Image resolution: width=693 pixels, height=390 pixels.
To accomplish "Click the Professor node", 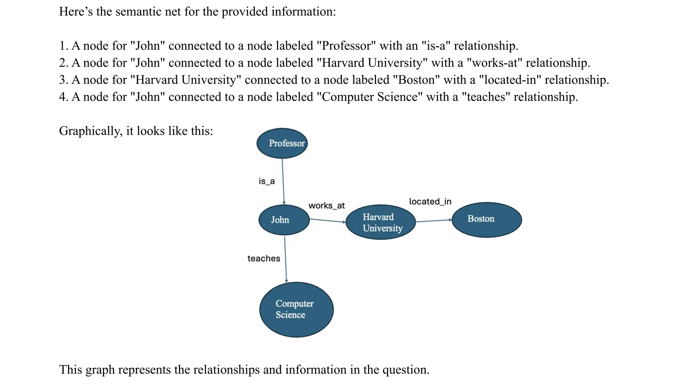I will click(x=282, y=143).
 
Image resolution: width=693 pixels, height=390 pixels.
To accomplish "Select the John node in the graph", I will click(x=284, y=220).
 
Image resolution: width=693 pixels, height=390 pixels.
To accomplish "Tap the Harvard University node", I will click(x=381, y=222).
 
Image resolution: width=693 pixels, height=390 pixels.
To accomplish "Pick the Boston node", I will click(x=487, y=219).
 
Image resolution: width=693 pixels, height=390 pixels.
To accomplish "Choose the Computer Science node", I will click(x=296, y=309).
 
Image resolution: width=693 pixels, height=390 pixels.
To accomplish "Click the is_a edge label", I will click(x=267, y=181).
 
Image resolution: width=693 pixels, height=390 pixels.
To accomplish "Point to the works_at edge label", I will click(x=327, y=205).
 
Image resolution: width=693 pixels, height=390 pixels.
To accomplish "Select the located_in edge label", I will click(x=430, y=201).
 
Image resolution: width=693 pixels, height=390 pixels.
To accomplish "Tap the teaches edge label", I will click(x=264, y=258).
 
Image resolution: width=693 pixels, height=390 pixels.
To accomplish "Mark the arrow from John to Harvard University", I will click(x=327, y=221).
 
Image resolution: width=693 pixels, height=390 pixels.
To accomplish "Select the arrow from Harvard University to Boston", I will click(x=433, y=221).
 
